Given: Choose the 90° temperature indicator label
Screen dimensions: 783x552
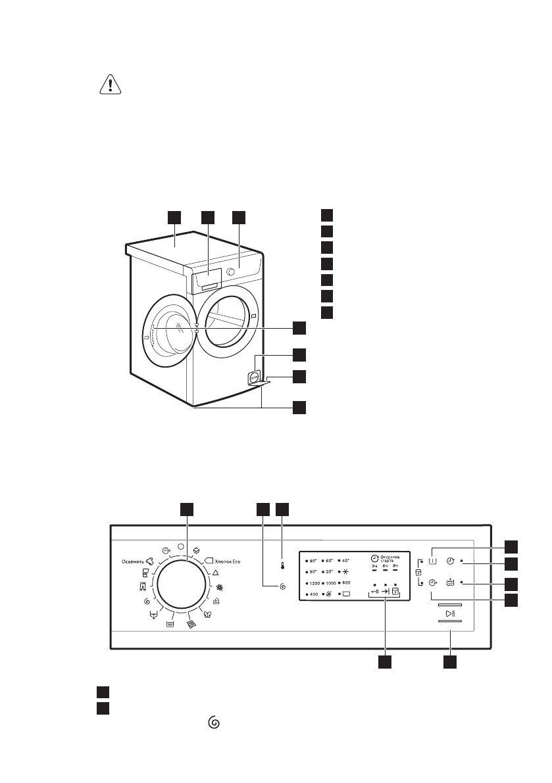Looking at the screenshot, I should click(313, 560).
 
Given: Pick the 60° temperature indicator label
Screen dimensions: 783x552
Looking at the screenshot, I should click(330, 560).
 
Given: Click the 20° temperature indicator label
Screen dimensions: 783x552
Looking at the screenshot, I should click(330, 571).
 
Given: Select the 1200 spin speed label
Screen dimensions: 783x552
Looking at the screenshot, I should click(314, 583).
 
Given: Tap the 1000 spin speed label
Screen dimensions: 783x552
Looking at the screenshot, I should click(331, 583).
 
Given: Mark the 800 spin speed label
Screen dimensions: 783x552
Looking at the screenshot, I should click(346, 583).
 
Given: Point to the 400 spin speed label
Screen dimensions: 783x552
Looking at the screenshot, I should click(313, 594).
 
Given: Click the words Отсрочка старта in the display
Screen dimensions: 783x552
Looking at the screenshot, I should click(390, 558).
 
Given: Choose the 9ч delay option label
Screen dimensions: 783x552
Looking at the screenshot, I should click(395, 566).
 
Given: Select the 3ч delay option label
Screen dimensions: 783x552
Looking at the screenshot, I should click(374, 566).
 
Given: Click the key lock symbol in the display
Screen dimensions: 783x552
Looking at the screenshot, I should click(375, 591).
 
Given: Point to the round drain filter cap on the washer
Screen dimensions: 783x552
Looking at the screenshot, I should click(253, 377).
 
